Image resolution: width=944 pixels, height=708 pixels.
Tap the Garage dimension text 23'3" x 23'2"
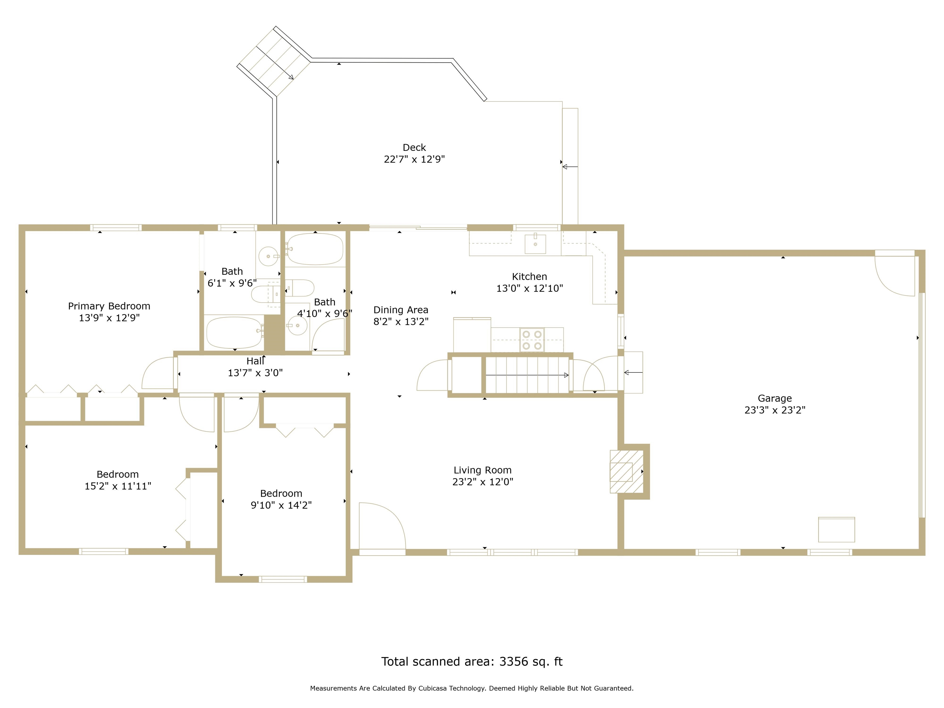(x=775, y=410)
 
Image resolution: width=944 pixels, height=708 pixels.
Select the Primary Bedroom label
(x=109, y=306)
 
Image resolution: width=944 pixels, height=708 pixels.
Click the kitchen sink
(x=535, y=244)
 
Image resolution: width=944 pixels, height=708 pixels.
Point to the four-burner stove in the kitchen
(x=532, y=340)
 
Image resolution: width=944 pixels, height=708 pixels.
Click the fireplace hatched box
(x=626, y=472)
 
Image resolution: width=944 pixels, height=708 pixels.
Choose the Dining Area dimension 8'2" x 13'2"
(x=401, y=322)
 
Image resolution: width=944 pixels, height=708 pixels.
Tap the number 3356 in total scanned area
(x=513, y=662)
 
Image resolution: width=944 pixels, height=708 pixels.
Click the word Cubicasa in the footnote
(x=433, y=688)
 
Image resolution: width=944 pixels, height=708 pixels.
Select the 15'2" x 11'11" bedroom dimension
(x=118, y=486)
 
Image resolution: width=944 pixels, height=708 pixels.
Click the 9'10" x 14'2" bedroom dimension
(x=281, y=505)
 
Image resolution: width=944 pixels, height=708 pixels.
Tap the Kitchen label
(x=529, y=277)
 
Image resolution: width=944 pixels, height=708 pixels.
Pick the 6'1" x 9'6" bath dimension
(x=232, y=283)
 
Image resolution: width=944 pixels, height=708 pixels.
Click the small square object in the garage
(x=836, y=529)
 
